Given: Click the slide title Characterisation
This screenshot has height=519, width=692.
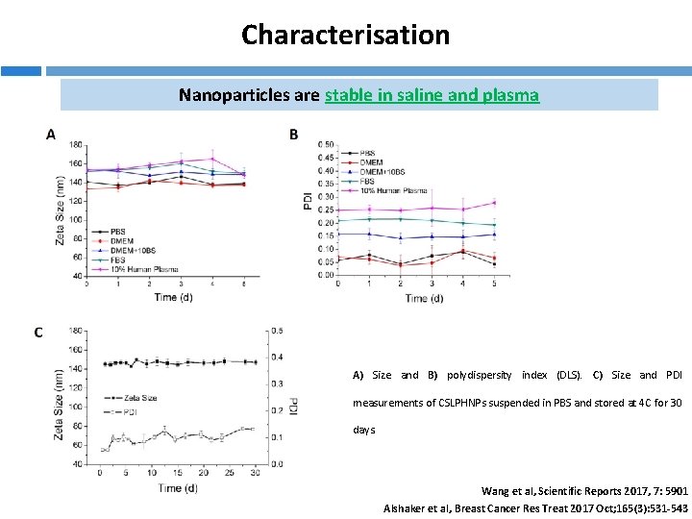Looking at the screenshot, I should (x=345, y=36).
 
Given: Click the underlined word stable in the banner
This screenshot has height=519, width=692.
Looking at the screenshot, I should (x=346, y=95).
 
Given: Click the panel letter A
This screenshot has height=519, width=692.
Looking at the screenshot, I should (x=50, y=135).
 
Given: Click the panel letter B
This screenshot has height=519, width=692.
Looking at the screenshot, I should (x=294, y=135).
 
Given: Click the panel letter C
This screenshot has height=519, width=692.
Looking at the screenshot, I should (x=37, y=333).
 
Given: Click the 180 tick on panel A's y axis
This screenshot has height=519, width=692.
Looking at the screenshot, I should (x=76, y=145).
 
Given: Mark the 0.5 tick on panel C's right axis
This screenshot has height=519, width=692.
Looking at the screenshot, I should (x=278, y=331).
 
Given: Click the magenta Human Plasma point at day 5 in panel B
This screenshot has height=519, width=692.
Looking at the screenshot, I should (x=494, y=203).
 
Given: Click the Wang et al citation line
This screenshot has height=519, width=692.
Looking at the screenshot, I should (x=585, y=490).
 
